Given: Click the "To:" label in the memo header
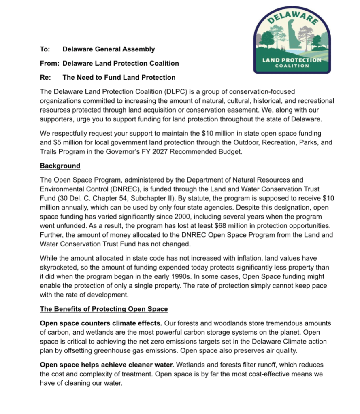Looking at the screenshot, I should pyautogui.click(x=45, y=49).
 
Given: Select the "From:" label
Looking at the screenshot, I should pyautogui.click(x=49, y=63).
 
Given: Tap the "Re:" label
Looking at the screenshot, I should pyautogui.click(x=45, y=77).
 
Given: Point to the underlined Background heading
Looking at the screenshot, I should pyautogui.click(x=60, y=166).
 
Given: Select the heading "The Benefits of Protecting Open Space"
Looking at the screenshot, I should pyautogui.click(x=104, y=309).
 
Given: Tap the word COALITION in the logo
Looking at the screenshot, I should pyautogui.click(x=292, y=66).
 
